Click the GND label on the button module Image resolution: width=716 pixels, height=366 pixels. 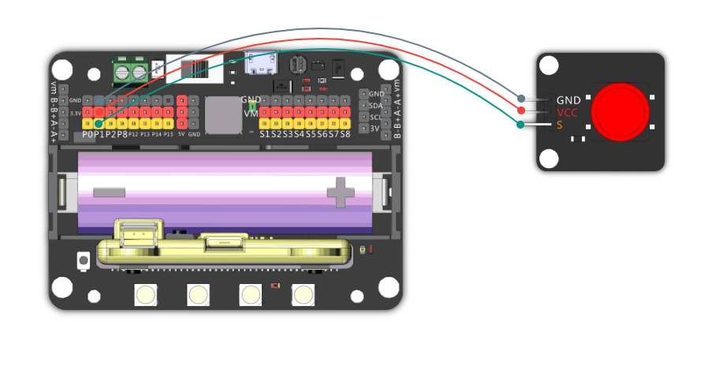569,100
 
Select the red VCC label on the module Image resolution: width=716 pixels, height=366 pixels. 567,113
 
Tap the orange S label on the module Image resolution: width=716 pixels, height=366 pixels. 560,125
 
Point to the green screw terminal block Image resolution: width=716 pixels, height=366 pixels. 130,72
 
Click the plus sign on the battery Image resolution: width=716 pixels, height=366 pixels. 341,192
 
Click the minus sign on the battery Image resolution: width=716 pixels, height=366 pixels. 109,192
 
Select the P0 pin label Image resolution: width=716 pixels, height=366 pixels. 88,135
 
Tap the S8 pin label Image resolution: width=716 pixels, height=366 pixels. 345,135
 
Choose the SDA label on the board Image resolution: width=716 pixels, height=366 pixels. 375,105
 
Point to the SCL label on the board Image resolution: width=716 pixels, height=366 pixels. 375,117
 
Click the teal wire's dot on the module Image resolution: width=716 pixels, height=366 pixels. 521,124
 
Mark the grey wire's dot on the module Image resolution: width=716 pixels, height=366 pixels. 521,99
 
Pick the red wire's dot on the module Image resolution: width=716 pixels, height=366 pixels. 521,110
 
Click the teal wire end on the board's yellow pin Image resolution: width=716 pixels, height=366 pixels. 98,123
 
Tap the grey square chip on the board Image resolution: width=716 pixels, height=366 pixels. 223,114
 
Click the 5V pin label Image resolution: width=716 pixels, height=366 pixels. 181,135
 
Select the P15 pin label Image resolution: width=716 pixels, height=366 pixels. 167,135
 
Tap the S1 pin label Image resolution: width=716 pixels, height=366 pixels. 265,135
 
